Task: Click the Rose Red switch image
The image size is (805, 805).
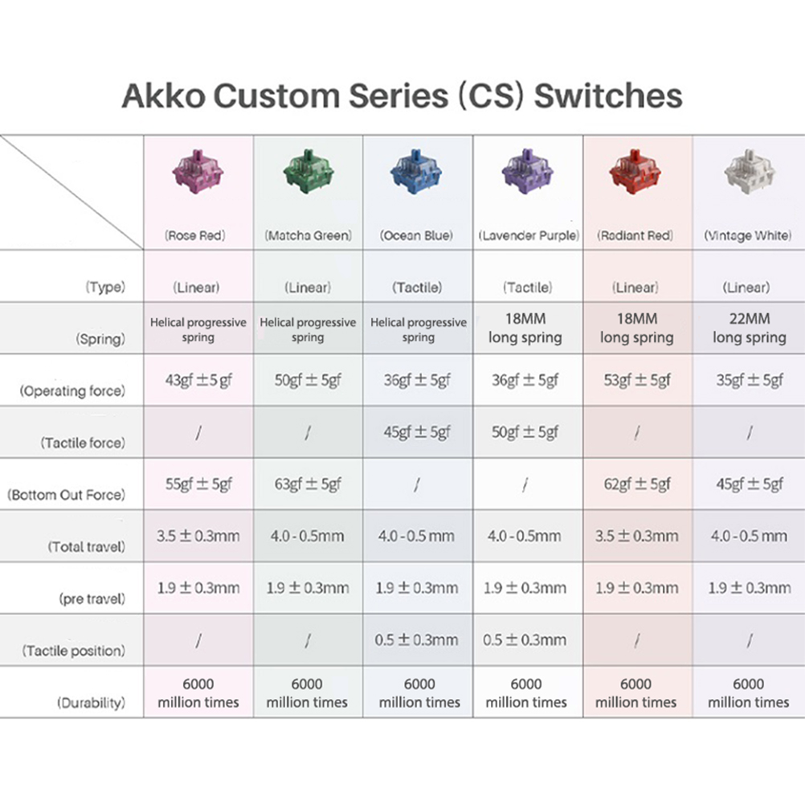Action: [x=198, y=173]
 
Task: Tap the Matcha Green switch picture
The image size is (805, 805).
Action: [x=308, y=173]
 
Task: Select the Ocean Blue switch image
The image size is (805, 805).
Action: [x=416, y=173]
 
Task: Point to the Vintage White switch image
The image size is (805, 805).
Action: [x=749, y=173]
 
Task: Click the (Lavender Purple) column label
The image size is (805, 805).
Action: [x=529, y=235]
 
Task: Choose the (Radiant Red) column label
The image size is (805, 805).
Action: [x=635, y=235]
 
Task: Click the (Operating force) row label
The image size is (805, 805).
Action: [x=72, y=391]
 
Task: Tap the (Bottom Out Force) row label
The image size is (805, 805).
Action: [x=66, y=495]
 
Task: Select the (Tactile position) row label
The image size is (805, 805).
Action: [x=73, y=651]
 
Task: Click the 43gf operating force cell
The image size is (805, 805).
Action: [x=198, y=381]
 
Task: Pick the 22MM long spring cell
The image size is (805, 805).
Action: [x=750, y=328]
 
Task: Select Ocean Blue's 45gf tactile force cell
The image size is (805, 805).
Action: [x=417, y=432]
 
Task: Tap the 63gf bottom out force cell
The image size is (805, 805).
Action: [x=308, y=484]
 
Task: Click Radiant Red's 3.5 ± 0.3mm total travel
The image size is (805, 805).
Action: [x=636, y=536]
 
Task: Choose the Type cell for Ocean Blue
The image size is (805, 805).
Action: [x=417, y=288]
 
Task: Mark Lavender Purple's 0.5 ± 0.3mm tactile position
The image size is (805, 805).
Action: [x=525, y=640]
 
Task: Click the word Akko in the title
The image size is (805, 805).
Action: [x=164, y=96]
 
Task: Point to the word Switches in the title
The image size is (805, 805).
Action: [x=608, y=96]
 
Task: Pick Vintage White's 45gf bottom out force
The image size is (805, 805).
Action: [x=750, y=484]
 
